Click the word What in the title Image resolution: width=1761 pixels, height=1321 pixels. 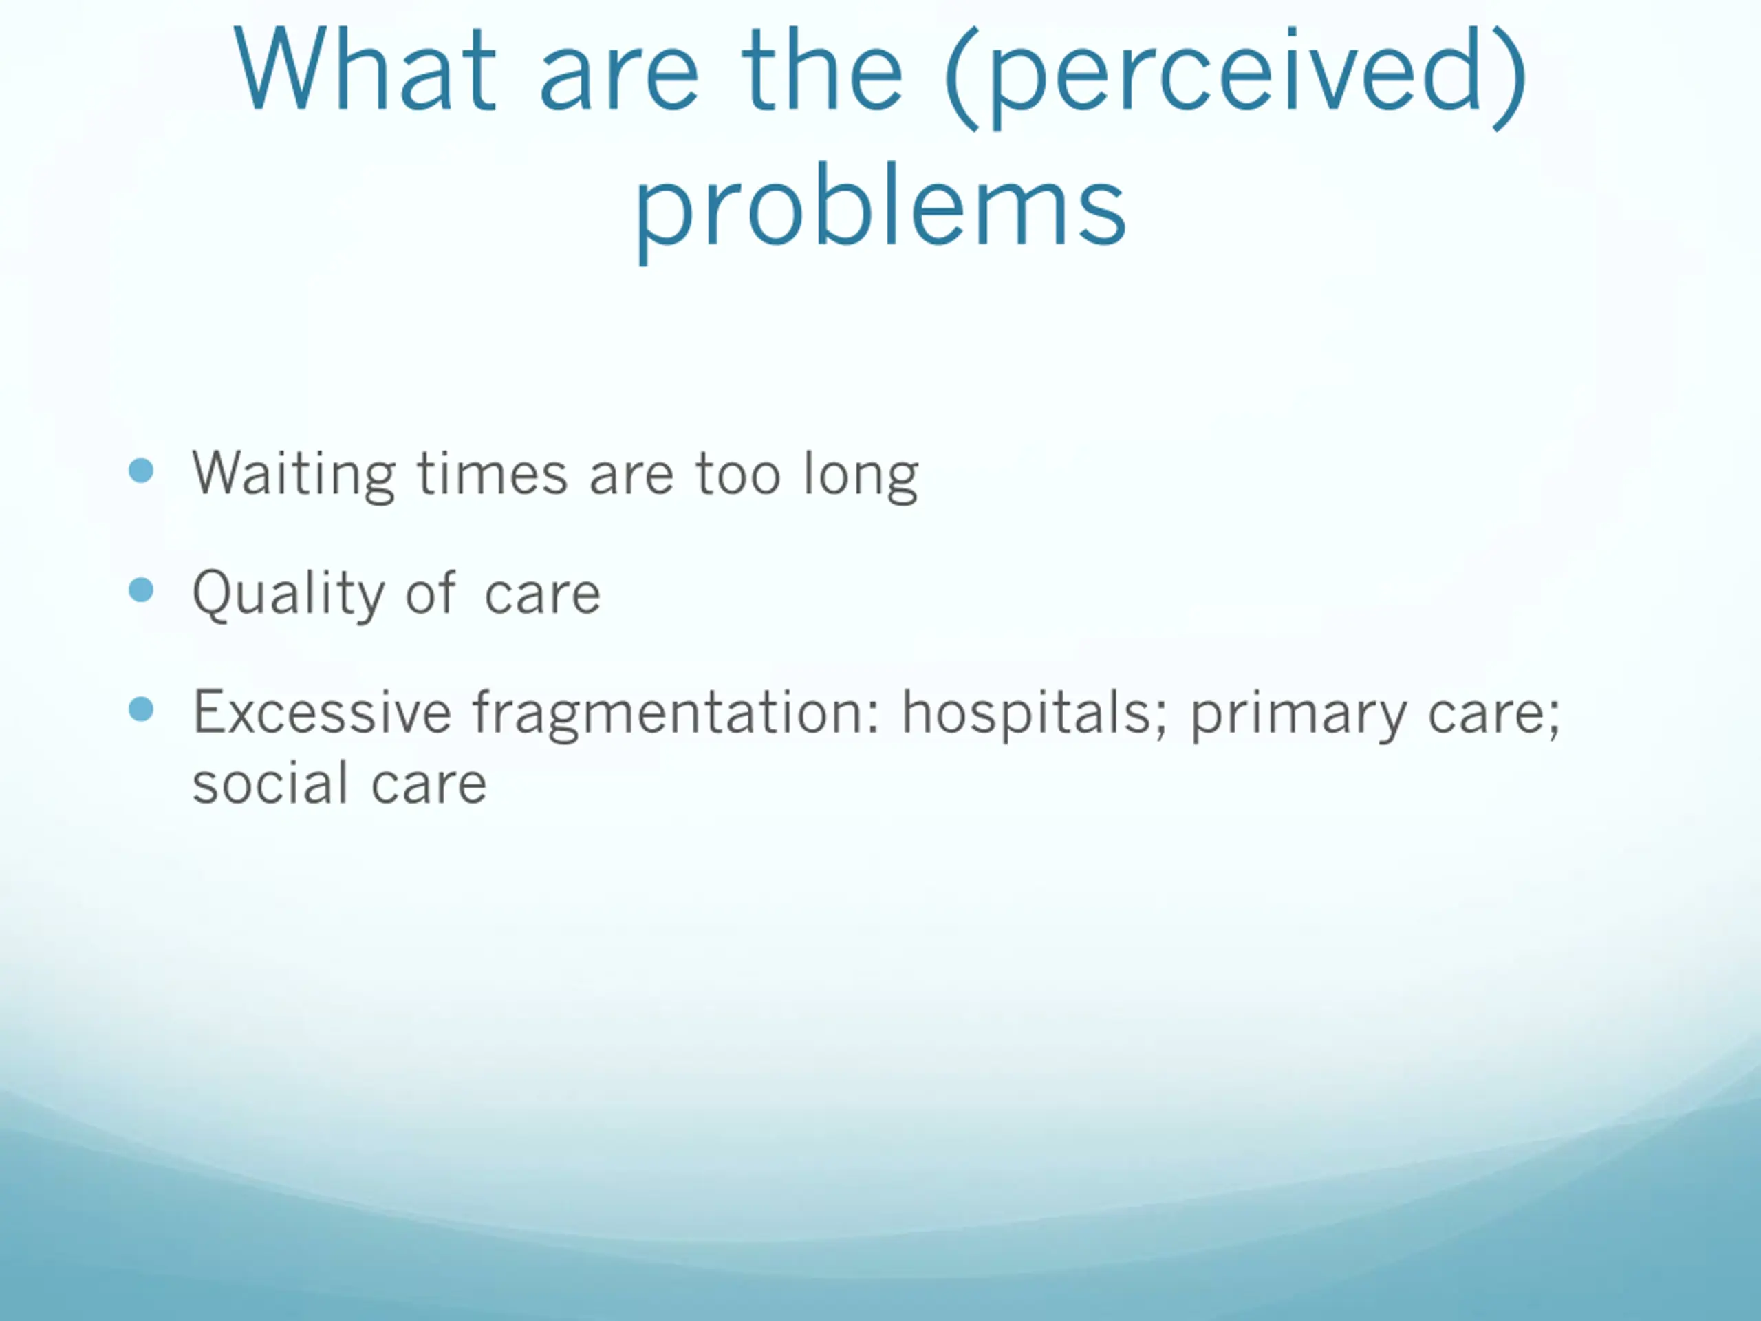pyautogui.click(x=365, y=69)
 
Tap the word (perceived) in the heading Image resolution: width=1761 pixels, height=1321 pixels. pyautogui.click(x=1235, y=76)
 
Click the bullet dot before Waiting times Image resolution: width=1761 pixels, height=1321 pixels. pyautogui.click(x=141, y=470)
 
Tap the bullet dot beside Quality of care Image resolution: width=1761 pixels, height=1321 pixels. pyautogui.click(x=141, y=590)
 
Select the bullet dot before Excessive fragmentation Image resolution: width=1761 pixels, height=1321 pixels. pyautogui.click(x=141, y=708)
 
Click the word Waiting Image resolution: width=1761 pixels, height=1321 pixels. pyautogui.click(x=294, y=475)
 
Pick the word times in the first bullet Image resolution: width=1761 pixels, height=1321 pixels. pyautogui.click(x=493, y=473)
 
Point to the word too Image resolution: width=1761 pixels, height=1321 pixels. pyautogui.click(x=738, y=475)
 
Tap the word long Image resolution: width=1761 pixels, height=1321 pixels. pyautogui.click(x=861, y=476)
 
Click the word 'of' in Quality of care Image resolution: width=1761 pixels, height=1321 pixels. pyautogui.click(x=431, y=592)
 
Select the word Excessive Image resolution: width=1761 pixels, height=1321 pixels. pyautogui.click(x=323, y=711)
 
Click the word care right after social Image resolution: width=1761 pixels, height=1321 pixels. pyautogui.click(x=429, y=785)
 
